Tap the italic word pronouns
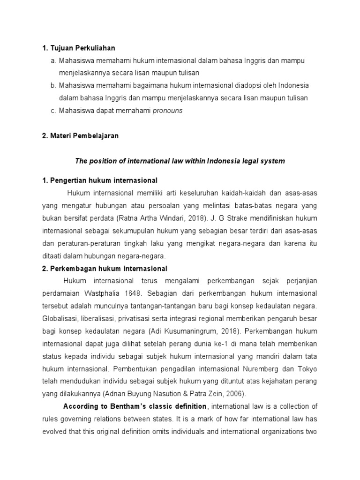[x=168, y=111]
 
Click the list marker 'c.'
[x=53, y=111]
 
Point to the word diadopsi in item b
[x=239, y=86]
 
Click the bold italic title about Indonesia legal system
[x=180, y=161]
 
